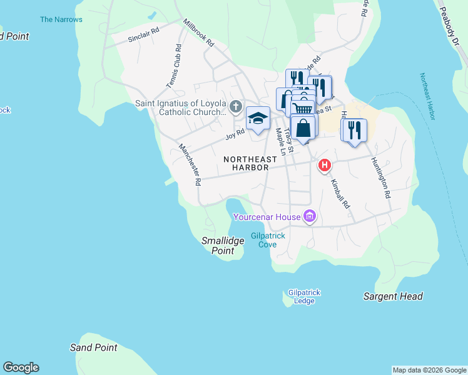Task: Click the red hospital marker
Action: tap(325, 166)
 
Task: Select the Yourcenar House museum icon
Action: tap(309, 217)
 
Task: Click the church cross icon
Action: tap(235, 106)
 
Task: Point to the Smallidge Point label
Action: tap(222, 246)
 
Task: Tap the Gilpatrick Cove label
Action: tap(268, 240)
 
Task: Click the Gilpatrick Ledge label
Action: tap(301, 296)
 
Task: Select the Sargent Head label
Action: tap(393, 296)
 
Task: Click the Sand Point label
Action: tap(93, 347)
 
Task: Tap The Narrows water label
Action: tap(61, 19)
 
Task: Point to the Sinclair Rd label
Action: tap(144, 34)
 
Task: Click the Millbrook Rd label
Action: tap(198, 33)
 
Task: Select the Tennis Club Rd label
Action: tap(174, 65)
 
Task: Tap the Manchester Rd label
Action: tap(190, 165)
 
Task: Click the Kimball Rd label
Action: tap(339, 194)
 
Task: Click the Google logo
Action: tap(21, 367)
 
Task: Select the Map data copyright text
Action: tap(429, 370)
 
